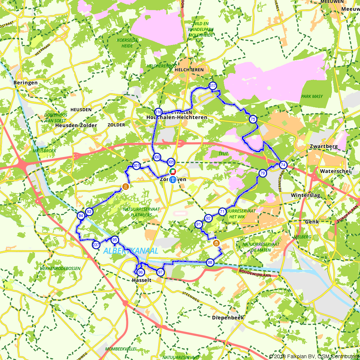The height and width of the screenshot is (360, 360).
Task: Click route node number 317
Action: (212, 86)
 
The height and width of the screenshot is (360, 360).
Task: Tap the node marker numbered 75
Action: (253, 119)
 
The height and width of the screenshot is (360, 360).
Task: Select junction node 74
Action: (283, 165)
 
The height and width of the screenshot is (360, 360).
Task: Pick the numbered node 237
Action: (96, 245)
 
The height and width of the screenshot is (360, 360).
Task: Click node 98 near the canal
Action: (210, 262)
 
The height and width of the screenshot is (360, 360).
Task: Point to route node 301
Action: (136, 166)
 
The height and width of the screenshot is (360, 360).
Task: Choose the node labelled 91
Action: (198, 224)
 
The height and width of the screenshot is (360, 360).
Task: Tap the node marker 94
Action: (81, 216)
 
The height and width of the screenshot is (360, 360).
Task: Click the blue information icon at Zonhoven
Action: (173, 180)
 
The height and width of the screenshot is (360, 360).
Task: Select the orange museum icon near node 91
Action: (217, 244)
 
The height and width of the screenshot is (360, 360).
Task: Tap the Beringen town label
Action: (26, 83)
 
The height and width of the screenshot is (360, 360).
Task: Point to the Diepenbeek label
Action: (228, 318)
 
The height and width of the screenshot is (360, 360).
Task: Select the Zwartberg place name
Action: (324, 147)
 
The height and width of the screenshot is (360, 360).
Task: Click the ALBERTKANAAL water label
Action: (130, 251)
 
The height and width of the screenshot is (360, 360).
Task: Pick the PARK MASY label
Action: (312, 96)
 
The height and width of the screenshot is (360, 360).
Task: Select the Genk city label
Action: (312, 222)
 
